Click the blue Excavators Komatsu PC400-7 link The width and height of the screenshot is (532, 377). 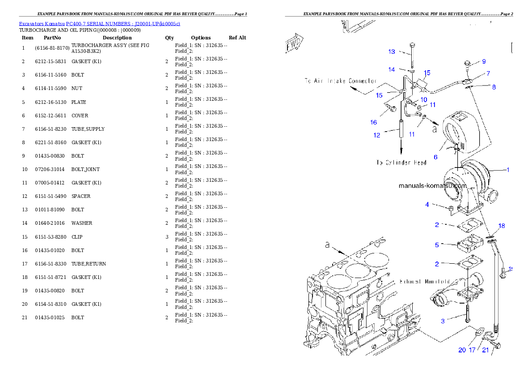pyautogui.click(x=99, y=24)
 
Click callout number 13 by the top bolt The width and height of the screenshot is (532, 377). pyautogui.click(x=392, y=52)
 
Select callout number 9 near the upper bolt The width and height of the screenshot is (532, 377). pyautogui.click(x=484, y=62)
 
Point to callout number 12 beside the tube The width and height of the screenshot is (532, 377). pyautogui.click(x=377, y=135)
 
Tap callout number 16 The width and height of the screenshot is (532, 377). pyautogui.click(x=374, y=122)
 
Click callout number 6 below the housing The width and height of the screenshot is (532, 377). pyautogui.click(x=435, y=157)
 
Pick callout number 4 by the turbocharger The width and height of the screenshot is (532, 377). pyautogui.click(x=427, y=205)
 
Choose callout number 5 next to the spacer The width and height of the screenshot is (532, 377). pyautogui.click(x=437, y=245)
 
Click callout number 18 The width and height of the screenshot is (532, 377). pyautogui.click(x=502, y=226)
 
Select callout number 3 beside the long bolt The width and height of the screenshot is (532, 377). pyautogui.click(x=443, y=321)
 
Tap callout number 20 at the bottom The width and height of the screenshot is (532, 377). pyautogui.click(x=462, y=350)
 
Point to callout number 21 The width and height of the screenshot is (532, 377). pyautogui.click(x=486, y=350)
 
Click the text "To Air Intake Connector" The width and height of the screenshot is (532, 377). pyautogui.click(x=340, y=81)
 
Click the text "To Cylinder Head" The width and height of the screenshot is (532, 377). pyautogui.click(x=401, y=163)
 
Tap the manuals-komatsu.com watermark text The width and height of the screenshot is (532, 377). pyautogui.click(x=432, y=185)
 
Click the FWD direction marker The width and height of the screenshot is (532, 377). pyautogui.click(x=295, y=43)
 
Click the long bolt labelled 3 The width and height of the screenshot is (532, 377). pyautogui.click(x=467, y=313)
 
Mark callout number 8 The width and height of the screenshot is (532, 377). pyautogui.click(x=494, y=87)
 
